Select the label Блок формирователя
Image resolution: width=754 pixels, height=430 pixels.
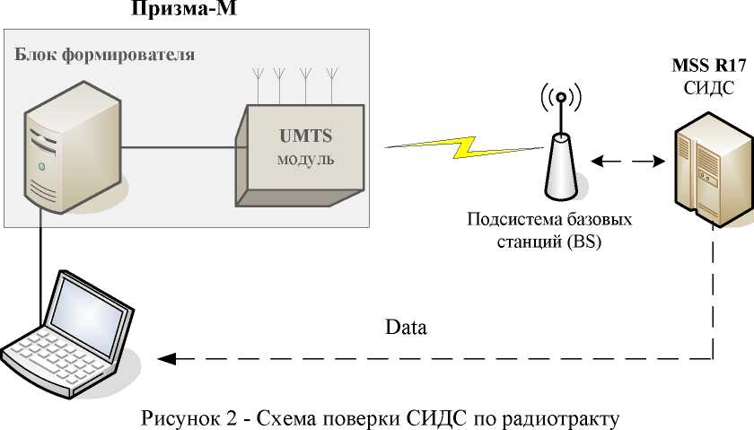tap(105, 54)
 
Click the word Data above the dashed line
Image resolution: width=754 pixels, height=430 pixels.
tap(406, 328)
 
